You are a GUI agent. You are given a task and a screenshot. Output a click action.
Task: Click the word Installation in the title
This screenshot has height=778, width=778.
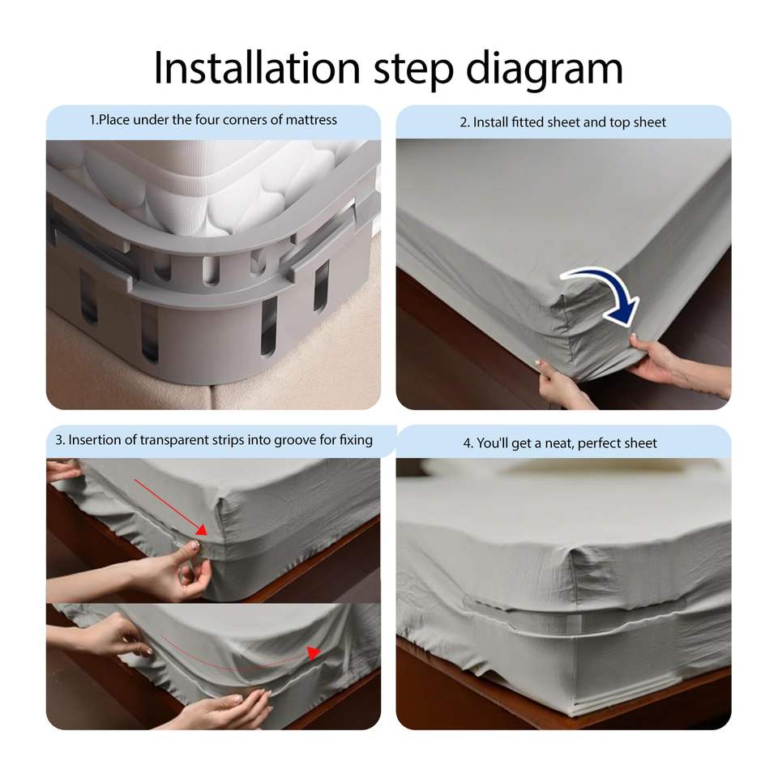pos(257,68)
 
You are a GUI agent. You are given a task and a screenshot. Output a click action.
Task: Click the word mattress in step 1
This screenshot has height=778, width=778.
pos(311,120)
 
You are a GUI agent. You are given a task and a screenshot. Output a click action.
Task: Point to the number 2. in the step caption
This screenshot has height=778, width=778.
pos(464,122)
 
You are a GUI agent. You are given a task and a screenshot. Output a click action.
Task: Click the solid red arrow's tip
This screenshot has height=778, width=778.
pos(205,533)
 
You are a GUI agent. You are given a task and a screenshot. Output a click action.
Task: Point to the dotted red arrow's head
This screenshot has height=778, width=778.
pos(314,652)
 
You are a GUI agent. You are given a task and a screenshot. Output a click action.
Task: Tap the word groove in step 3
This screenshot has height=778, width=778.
pos(295,441)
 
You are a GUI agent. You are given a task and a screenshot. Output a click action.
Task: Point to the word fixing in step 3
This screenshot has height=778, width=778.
pos(356,441)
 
